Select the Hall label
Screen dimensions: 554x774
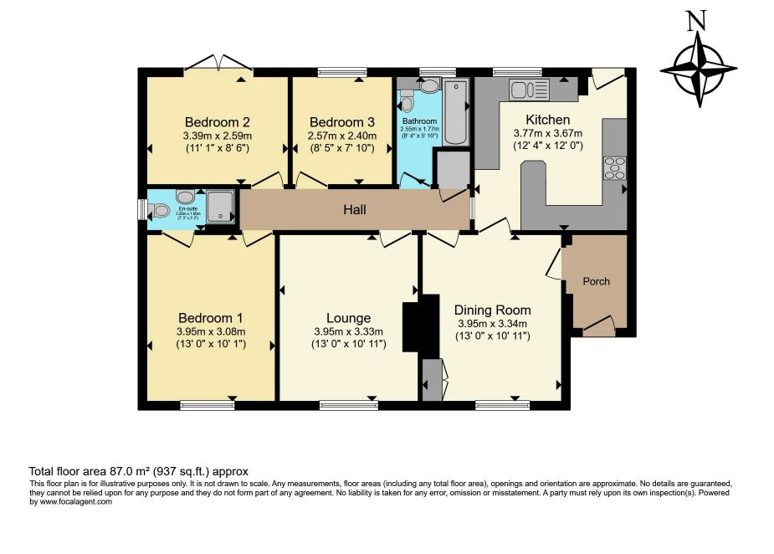355,209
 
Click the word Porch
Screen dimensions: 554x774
597,281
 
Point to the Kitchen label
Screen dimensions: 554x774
547,120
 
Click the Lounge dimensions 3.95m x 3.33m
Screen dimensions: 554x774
348,331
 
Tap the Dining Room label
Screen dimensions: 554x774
494,310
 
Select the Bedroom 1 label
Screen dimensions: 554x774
210,318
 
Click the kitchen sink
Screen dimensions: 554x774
521,89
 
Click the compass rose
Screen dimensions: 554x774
698,70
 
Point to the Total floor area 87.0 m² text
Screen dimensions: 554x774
139,472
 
